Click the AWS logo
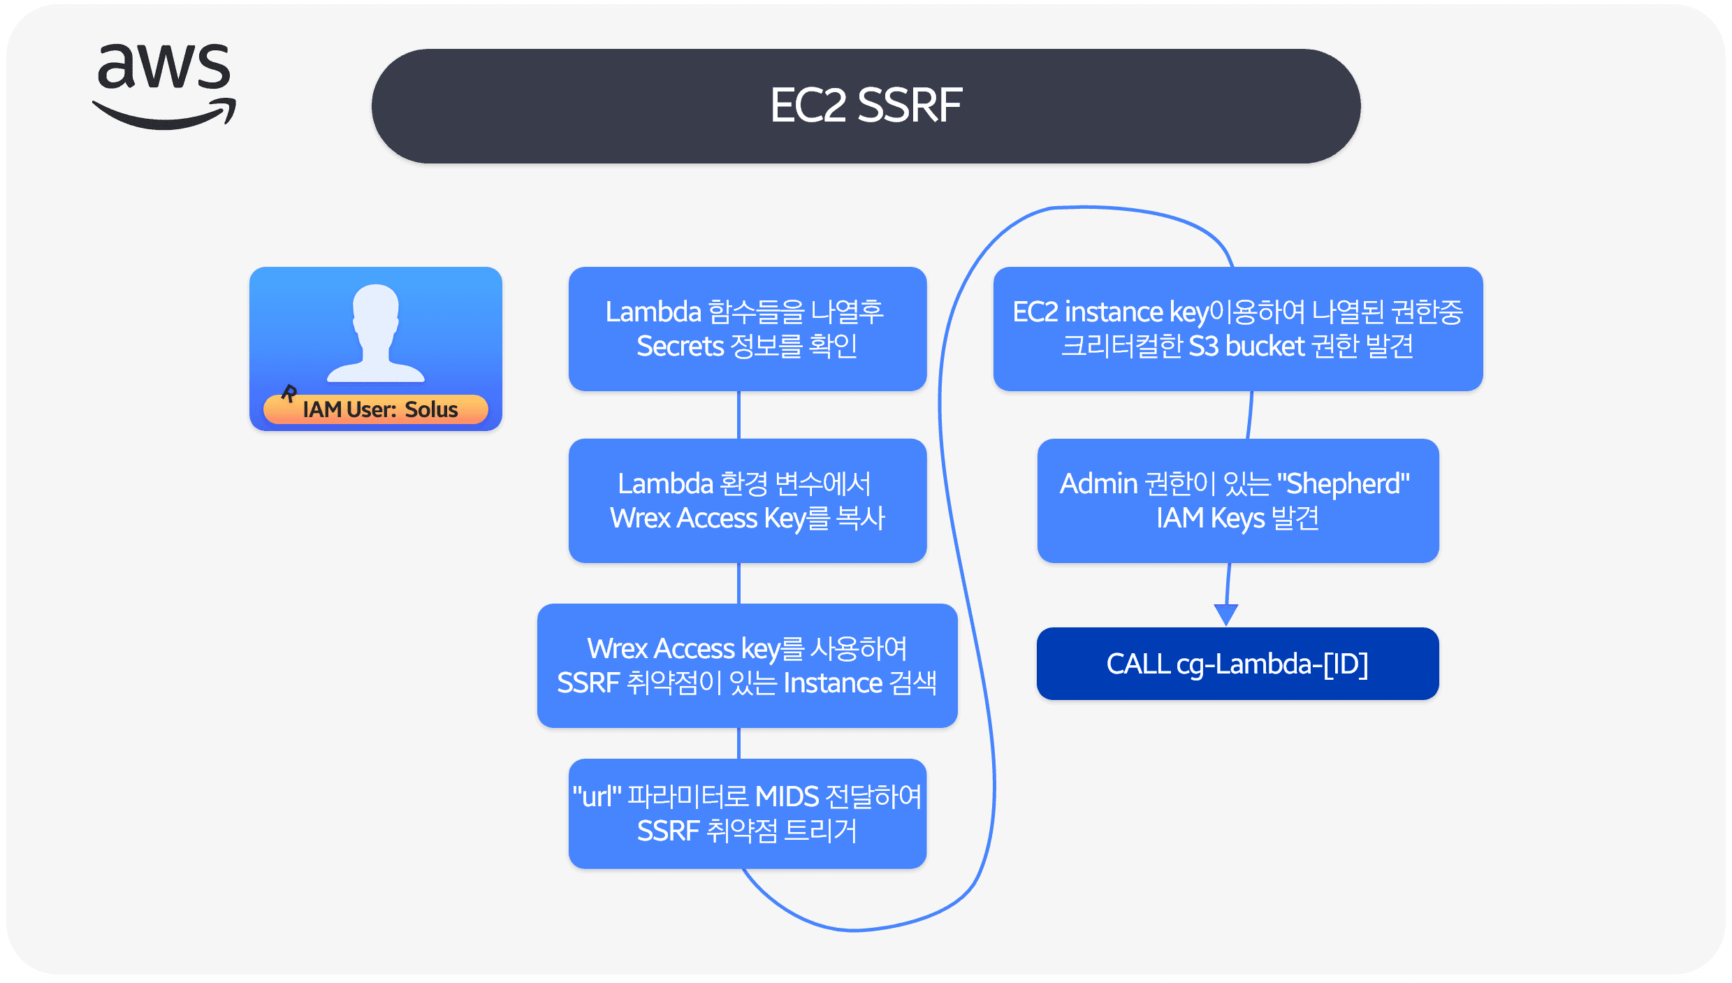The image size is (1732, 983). [164, 85]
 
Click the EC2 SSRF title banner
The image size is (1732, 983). [866, 106]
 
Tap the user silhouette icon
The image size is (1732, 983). [376, 333]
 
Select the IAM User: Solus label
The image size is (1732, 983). [380, 409]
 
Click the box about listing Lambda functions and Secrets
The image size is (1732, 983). [747, 328]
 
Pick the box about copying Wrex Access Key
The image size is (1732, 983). [747, 500]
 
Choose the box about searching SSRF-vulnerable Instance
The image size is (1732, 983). [747, 665]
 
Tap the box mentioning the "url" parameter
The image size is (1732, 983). [747, 813]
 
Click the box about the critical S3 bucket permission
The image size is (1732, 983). [1237, 328]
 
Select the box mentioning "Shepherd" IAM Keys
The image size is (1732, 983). [1237, 500]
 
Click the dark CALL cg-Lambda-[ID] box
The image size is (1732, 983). [1237, 663]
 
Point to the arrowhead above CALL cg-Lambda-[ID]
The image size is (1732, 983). [1226, 615]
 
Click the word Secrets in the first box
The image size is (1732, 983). [680, 347]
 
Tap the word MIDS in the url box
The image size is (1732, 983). [787, 796]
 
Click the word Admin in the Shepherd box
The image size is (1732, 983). [1099, 483]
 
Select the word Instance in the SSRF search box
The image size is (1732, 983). [833, 683]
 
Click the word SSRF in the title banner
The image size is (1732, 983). [910, 105]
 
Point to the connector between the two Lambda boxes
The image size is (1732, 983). [738, 415]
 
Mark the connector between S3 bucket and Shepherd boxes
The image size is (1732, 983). [1250, 415]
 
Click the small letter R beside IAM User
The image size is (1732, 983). [289, 393]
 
